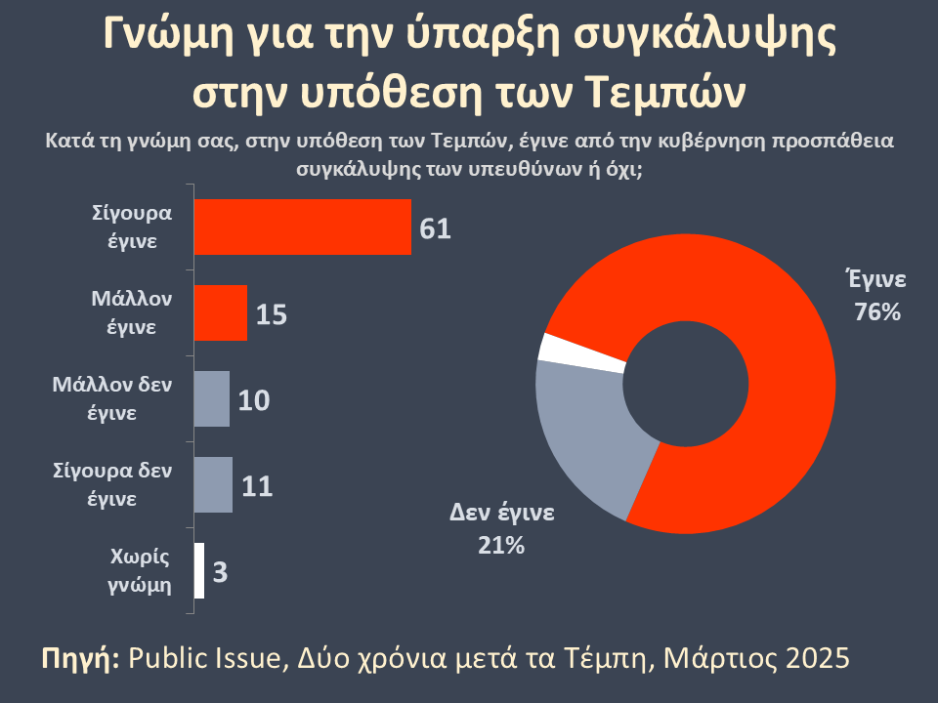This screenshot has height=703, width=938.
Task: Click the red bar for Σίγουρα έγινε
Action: [303, 227]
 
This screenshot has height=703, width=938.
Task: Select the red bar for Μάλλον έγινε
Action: [221, 313]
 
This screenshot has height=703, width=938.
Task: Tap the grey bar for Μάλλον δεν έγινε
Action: [212, 398]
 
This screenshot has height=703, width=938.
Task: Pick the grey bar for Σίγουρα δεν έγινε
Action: [214, 484]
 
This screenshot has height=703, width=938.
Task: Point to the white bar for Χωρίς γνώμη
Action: [199, 570]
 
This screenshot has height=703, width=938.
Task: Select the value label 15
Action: [272, 314]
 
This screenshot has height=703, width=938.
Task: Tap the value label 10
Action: [254, 400]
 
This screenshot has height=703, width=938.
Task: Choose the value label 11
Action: [256, 486]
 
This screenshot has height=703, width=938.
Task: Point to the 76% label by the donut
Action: [875, 313]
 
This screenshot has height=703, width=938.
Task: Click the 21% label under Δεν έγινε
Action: [501, 546]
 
